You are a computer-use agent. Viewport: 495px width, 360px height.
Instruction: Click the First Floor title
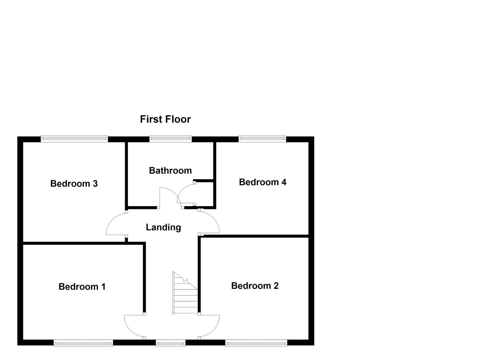165,119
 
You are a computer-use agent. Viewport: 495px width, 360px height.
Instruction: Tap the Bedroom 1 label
82,286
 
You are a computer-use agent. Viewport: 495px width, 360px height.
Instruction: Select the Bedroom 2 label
255,285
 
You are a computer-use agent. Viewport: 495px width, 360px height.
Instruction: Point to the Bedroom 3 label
74,183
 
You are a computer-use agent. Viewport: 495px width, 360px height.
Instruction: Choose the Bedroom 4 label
262,182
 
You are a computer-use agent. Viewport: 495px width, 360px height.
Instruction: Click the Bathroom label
170,170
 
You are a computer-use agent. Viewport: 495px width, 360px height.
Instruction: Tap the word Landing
163,227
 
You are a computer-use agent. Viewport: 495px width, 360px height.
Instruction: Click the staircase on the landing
185,295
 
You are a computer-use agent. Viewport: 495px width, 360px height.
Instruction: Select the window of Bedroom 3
74,139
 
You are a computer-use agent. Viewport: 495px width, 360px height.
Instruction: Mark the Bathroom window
170,139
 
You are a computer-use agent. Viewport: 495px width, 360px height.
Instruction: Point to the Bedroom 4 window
262,139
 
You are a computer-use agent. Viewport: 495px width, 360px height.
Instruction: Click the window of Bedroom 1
83,342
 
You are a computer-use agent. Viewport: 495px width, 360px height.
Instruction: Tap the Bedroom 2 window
256,342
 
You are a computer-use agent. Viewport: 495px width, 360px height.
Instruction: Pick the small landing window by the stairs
171,342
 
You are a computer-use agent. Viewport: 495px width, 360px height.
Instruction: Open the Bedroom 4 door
209,222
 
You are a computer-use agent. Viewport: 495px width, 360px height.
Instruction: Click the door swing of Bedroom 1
134,327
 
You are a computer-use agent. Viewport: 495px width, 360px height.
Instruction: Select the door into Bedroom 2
209,327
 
